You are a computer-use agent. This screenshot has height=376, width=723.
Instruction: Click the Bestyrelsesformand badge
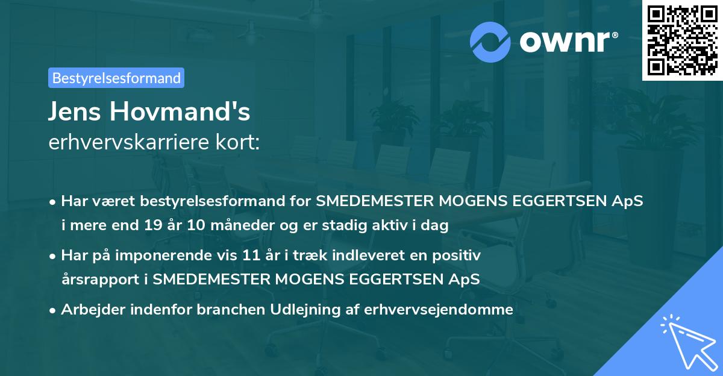point(116,78)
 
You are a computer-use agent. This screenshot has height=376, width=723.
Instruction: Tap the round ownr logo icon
point(490,42)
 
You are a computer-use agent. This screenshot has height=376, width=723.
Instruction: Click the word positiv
point(459,255)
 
